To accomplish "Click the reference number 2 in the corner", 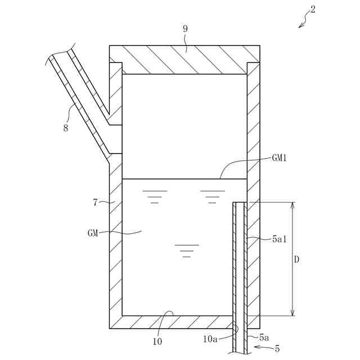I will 313,10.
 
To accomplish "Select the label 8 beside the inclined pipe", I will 66,128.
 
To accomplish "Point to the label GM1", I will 280,158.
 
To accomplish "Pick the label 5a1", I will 279,238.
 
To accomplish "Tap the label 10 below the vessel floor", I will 157,341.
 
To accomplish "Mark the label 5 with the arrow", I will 277,349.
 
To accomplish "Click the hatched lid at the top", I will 184,59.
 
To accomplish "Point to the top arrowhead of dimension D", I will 292,206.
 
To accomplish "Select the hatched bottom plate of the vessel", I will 169,322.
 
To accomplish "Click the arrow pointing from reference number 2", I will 303,23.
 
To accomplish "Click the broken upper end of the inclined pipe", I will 61,51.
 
